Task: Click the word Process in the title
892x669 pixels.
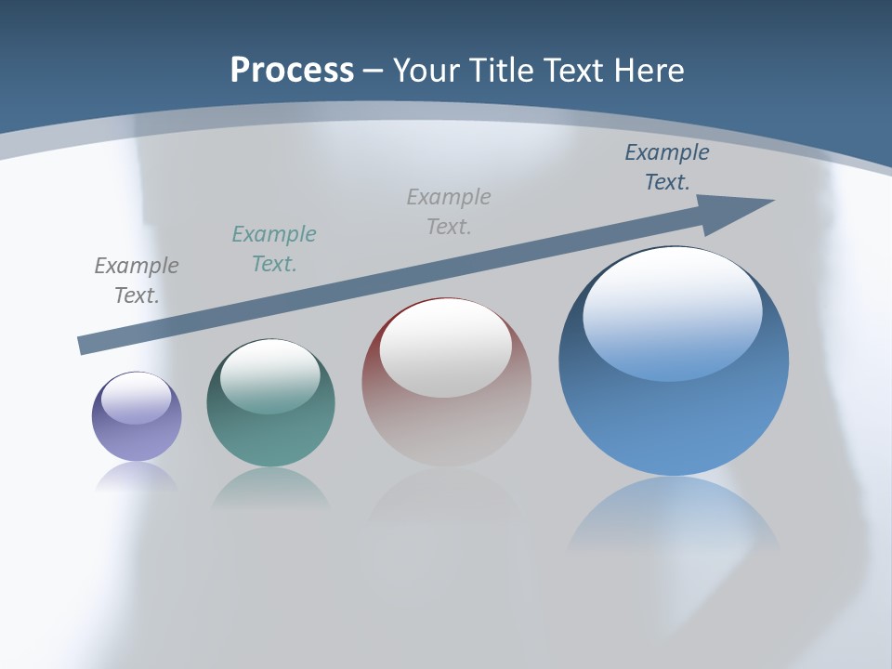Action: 292,71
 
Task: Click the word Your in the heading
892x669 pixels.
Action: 426,71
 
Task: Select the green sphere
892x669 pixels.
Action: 270,437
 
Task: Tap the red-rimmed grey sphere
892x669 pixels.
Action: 446,418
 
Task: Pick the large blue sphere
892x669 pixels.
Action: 674,418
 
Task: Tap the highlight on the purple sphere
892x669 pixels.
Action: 137,399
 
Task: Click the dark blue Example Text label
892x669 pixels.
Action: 667,167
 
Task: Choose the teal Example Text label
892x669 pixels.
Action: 274,249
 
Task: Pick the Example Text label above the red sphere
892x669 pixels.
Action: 449,212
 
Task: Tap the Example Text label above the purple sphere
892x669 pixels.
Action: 137,281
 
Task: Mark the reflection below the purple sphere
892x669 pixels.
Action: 137,478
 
